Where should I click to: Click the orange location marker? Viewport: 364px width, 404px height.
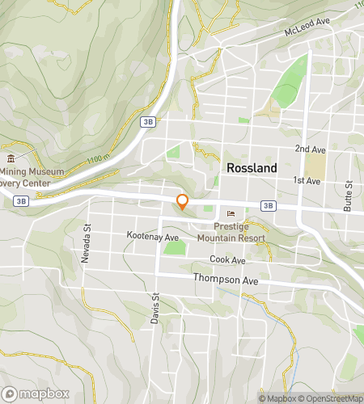(x=183, y=201)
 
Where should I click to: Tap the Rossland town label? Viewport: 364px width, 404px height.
(x=252, y=168)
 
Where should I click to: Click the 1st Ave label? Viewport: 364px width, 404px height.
(x=307, y=180)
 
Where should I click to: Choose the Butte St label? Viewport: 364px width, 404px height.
(x=349, y=196)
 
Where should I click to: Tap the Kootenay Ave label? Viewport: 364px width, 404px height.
(x=152, y=237)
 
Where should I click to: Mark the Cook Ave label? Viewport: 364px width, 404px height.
(x=226, y=260)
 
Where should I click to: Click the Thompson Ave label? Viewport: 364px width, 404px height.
(x=225, y=279)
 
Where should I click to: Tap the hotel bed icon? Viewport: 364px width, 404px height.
(x=232, y=214)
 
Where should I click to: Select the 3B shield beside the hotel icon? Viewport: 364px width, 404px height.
(x=268, y=206)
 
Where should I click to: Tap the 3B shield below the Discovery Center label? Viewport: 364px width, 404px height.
(x=21, y=200)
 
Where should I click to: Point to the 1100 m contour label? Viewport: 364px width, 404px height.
(x=95, y=158)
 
